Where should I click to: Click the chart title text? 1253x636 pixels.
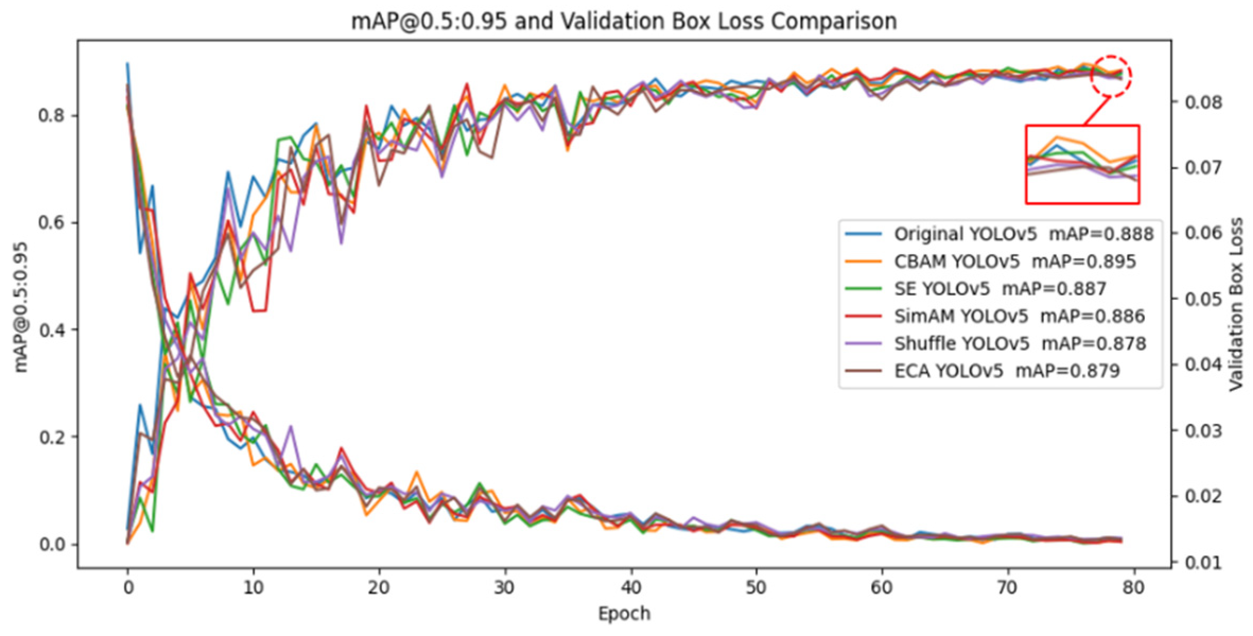(x=624, y=21)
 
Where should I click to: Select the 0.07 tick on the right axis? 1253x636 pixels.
(x=1203, y=168)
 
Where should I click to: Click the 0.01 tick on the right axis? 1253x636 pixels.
(x=1203, y=562)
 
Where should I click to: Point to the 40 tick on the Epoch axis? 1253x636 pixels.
(x=630, y=588)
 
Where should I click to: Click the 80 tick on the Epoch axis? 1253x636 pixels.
(x=1133, y=588)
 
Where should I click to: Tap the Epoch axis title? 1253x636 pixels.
(x=624, y=614)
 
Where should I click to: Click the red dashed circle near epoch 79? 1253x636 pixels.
(x=1111, y=76)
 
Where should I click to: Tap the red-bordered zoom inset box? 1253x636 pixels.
(x=1082, y=164)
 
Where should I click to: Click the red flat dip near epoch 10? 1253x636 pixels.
(x=259, y=310)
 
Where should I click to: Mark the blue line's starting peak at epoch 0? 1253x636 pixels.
(x=127, y=63)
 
